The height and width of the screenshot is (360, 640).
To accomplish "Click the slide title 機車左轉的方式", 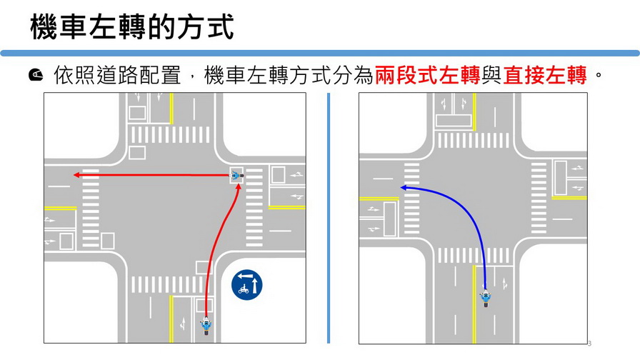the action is [x=132, y=27].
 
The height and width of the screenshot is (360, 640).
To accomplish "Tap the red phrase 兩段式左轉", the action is [x=427, y=75].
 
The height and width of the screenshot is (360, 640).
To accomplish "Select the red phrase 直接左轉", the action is [x=544, y=75].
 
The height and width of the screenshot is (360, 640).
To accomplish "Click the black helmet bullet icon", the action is [x=36, y=75].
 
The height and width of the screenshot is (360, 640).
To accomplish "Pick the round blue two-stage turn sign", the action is [x=247, y=284].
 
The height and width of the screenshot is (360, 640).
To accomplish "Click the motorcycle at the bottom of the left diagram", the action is [x=206, y=326].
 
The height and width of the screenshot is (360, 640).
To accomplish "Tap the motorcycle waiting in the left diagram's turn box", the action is [x=236, y=176].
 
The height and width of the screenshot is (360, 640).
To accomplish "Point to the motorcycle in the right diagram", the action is [x=486, y=298].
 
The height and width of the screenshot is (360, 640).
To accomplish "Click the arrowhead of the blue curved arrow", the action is [x=404, y=188].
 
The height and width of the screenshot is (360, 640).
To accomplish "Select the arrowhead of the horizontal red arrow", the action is [x=76, y=175].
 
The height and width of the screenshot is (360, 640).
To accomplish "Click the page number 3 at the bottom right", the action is [x=589, y=344].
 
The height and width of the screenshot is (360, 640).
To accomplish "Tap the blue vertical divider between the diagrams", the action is [x=329, y=219].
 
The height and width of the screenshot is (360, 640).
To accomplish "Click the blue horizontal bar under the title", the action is [x=320, y=53].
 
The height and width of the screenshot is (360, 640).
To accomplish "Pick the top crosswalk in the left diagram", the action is [x=170, y=135].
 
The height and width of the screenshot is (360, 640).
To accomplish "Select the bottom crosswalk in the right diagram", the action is [x=474, y=256].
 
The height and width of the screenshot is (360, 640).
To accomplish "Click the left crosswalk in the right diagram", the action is [x=412, y=199].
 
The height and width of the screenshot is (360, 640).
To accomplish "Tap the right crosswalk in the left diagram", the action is [x=254, y=207].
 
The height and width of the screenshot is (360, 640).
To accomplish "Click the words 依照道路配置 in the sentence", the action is [x=117, y=75].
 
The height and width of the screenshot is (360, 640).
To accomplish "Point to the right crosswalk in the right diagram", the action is [x=539, y=198].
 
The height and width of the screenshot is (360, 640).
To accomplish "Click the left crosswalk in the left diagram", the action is [x=91, y=208].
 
